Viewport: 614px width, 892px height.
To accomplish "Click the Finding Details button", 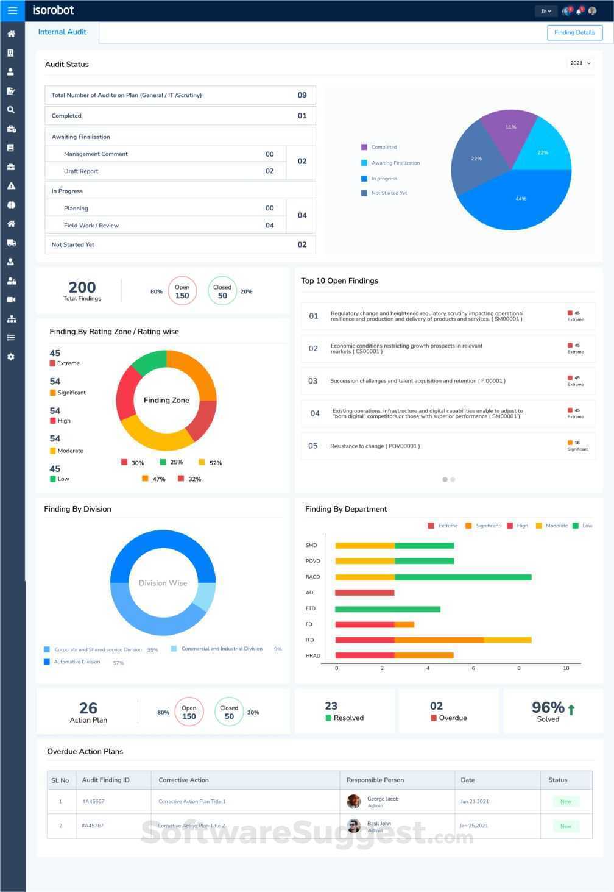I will pyautogui.click(x=574, y=32).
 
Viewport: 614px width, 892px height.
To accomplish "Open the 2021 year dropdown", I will pyautogui.click(x=580, y=63).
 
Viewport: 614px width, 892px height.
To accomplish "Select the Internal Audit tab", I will pyautogui.click(x=62, y=32).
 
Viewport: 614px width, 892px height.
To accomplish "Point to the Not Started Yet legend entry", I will pyautogui.click(x=389, y=193).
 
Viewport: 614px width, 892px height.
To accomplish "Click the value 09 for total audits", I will pyautogui.click(x=302, y=95).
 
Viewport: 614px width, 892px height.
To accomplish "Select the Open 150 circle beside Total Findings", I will pyautogui.click(x=182, y=291).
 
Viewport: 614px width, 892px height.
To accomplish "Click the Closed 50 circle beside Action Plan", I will pyautogui.click(x=229, y=712).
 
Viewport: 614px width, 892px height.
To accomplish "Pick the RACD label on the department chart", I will pyautogui.click(x=312, y=577).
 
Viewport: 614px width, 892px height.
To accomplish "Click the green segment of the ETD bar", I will pyautogui.click(x=387, y=608).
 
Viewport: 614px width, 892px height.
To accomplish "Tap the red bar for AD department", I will pyautogui.click(x=365, y=593).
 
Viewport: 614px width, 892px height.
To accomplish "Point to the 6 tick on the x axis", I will pyautogui.click(x=473, y=668).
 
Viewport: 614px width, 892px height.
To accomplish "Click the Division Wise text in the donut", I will pyautogui.click(x=163, y=583).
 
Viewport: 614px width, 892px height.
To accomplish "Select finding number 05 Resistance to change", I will pyautogui.click(x=375, y=446).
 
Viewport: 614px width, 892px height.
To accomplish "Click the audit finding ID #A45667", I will pyautogui.click(x=93, y=801).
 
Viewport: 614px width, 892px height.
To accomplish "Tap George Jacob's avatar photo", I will pyautogui.click(x=353, y=801).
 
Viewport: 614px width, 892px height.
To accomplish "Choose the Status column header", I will pyautogui.click(x=557, y=780).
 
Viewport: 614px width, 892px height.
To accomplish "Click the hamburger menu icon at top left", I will pyautogui.click(x=12, y=10).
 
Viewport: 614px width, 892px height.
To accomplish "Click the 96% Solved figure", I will pyautogui.click(x=548, y=711).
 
